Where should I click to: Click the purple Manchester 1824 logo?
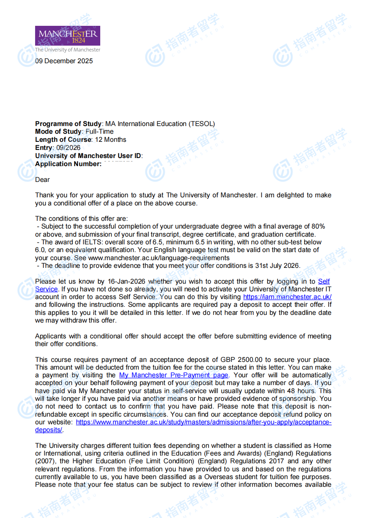coord(67,36)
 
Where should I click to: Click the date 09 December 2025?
coord(64,61)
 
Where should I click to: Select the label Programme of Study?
coord(68,124)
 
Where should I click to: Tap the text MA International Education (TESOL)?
coord(160,124)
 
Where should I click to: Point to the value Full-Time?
coord(99,131)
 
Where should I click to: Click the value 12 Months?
coord(111,140)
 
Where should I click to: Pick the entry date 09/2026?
coord(68,148)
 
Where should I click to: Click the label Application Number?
coord(68,164)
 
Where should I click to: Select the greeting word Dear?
coord(42,180)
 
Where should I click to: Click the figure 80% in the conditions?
coord(318,226)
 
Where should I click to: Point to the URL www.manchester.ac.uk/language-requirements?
coord(159,258)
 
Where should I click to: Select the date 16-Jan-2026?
coord(126,281)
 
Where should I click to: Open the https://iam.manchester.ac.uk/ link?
coord(287,297)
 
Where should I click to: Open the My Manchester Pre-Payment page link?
coord(173,375)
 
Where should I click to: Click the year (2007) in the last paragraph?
coord(46,461)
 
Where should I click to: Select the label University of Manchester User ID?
coord(88,156)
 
